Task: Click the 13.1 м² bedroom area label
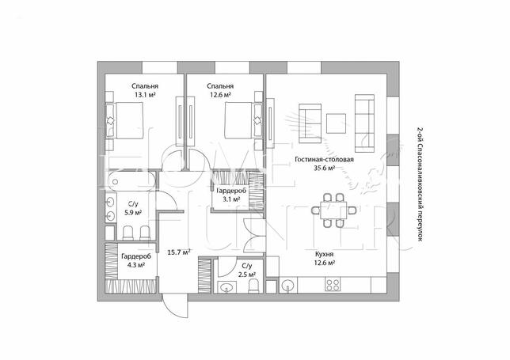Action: (145, 95)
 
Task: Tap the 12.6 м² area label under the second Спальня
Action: (220, 95)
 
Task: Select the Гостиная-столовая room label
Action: (324, 160)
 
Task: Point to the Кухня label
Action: (324, 254)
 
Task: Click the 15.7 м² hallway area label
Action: (178, 252)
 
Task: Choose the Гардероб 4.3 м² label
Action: (136, 260)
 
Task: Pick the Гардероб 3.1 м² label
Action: (231, 195)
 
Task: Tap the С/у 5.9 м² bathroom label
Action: (133, 208)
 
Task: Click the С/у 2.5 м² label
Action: (246, 270)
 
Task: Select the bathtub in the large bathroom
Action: (131, 181)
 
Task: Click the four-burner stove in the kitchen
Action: (333, 285)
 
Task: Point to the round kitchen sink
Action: (287, 286)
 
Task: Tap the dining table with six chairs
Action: (333, 210)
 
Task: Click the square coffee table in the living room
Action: (336, 123)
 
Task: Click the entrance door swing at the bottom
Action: (175, 305)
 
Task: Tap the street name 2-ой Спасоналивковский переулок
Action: (420, 184)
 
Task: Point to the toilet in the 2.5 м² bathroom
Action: (253, 286)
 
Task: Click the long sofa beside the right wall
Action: (364, 123)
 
